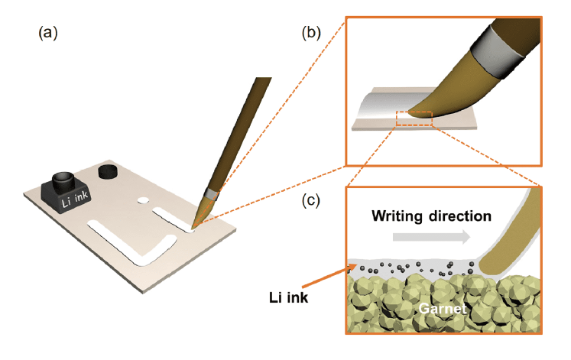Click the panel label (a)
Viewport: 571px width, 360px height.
point(48,33)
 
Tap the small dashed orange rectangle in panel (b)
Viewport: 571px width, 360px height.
point(414,115)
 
